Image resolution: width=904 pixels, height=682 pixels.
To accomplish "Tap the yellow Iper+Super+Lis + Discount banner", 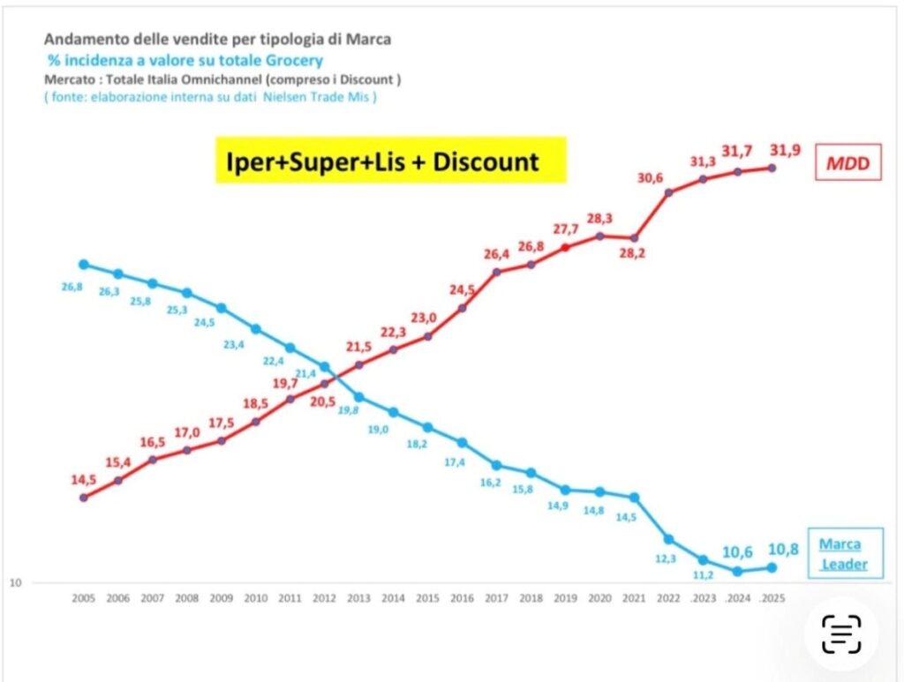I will pos(391,161).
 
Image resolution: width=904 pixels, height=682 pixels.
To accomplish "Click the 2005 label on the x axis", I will pos(83,597).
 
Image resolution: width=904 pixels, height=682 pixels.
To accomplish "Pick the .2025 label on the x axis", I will pos(771,597).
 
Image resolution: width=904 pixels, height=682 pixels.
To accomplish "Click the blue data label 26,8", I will pos(72,287).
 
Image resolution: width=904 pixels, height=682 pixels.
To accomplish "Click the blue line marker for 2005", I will pos(83,264).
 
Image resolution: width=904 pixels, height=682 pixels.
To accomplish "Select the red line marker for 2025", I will pos(772,168).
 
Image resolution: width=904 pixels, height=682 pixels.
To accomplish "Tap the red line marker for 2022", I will pos(669,191).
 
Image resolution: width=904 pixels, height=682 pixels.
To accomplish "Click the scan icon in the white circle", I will pos(840,633).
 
